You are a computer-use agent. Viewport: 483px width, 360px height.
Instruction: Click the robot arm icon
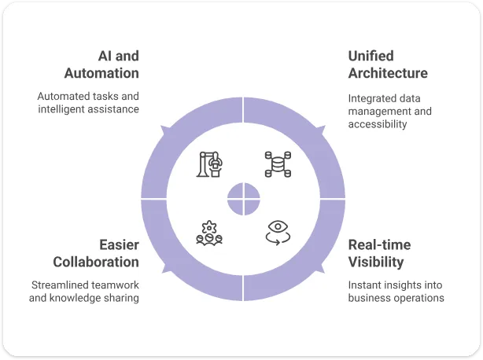coord(209,164)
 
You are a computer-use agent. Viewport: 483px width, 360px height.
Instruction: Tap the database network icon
coord(278,164)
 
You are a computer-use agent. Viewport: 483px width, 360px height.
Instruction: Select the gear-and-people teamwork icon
coord(209,233)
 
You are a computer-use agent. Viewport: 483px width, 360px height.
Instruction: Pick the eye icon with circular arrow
coord(278,233)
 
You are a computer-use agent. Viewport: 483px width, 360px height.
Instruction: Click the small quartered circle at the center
coord(243,199)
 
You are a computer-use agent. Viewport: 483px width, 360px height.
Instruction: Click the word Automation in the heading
coord(101,73)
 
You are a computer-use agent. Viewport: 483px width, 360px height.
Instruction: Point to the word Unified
coord(371,56)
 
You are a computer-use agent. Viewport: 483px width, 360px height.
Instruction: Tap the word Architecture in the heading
coord(388,73)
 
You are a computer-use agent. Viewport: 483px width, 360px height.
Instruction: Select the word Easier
coord(120,245)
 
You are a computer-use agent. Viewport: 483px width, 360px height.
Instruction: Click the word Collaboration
coord(96,263)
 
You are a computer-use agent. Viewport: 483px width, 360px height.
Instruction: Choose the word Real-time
coord(379,245)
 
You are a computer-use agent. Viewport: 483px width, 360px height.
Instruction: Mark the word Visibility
coord(376,263)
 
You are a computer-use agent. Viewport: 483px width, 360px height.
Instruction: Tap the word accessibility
coord(378,124)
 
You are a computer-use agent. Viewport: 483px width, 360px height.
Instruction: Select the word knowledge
coord(76,298)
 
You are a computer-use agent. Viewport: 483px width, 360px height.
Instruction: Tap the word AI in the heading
coord(105,56)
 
